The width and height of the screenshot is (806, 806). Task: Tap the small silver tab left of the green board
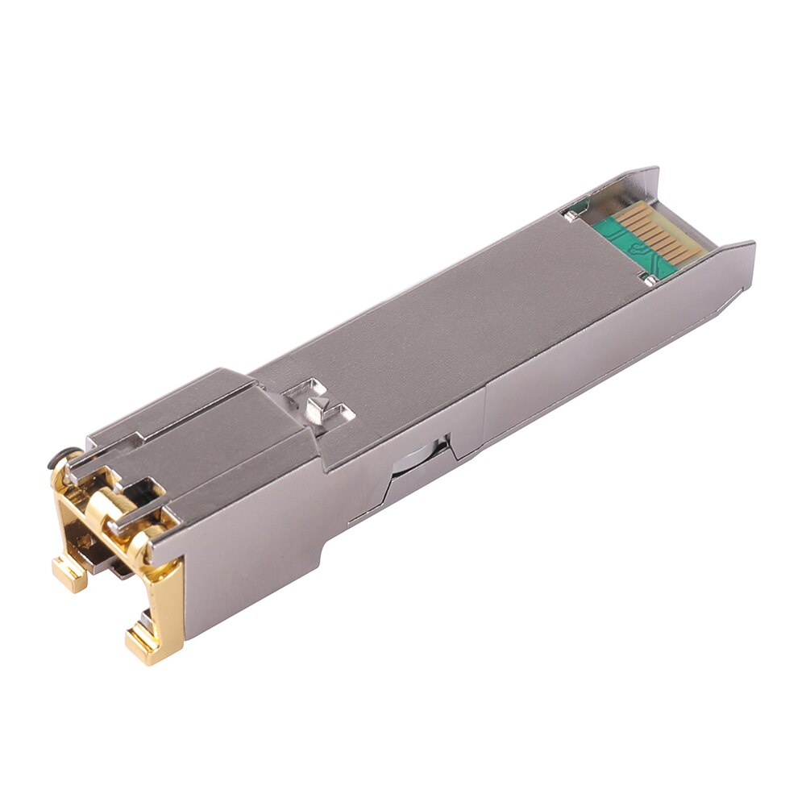(571, 214)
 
